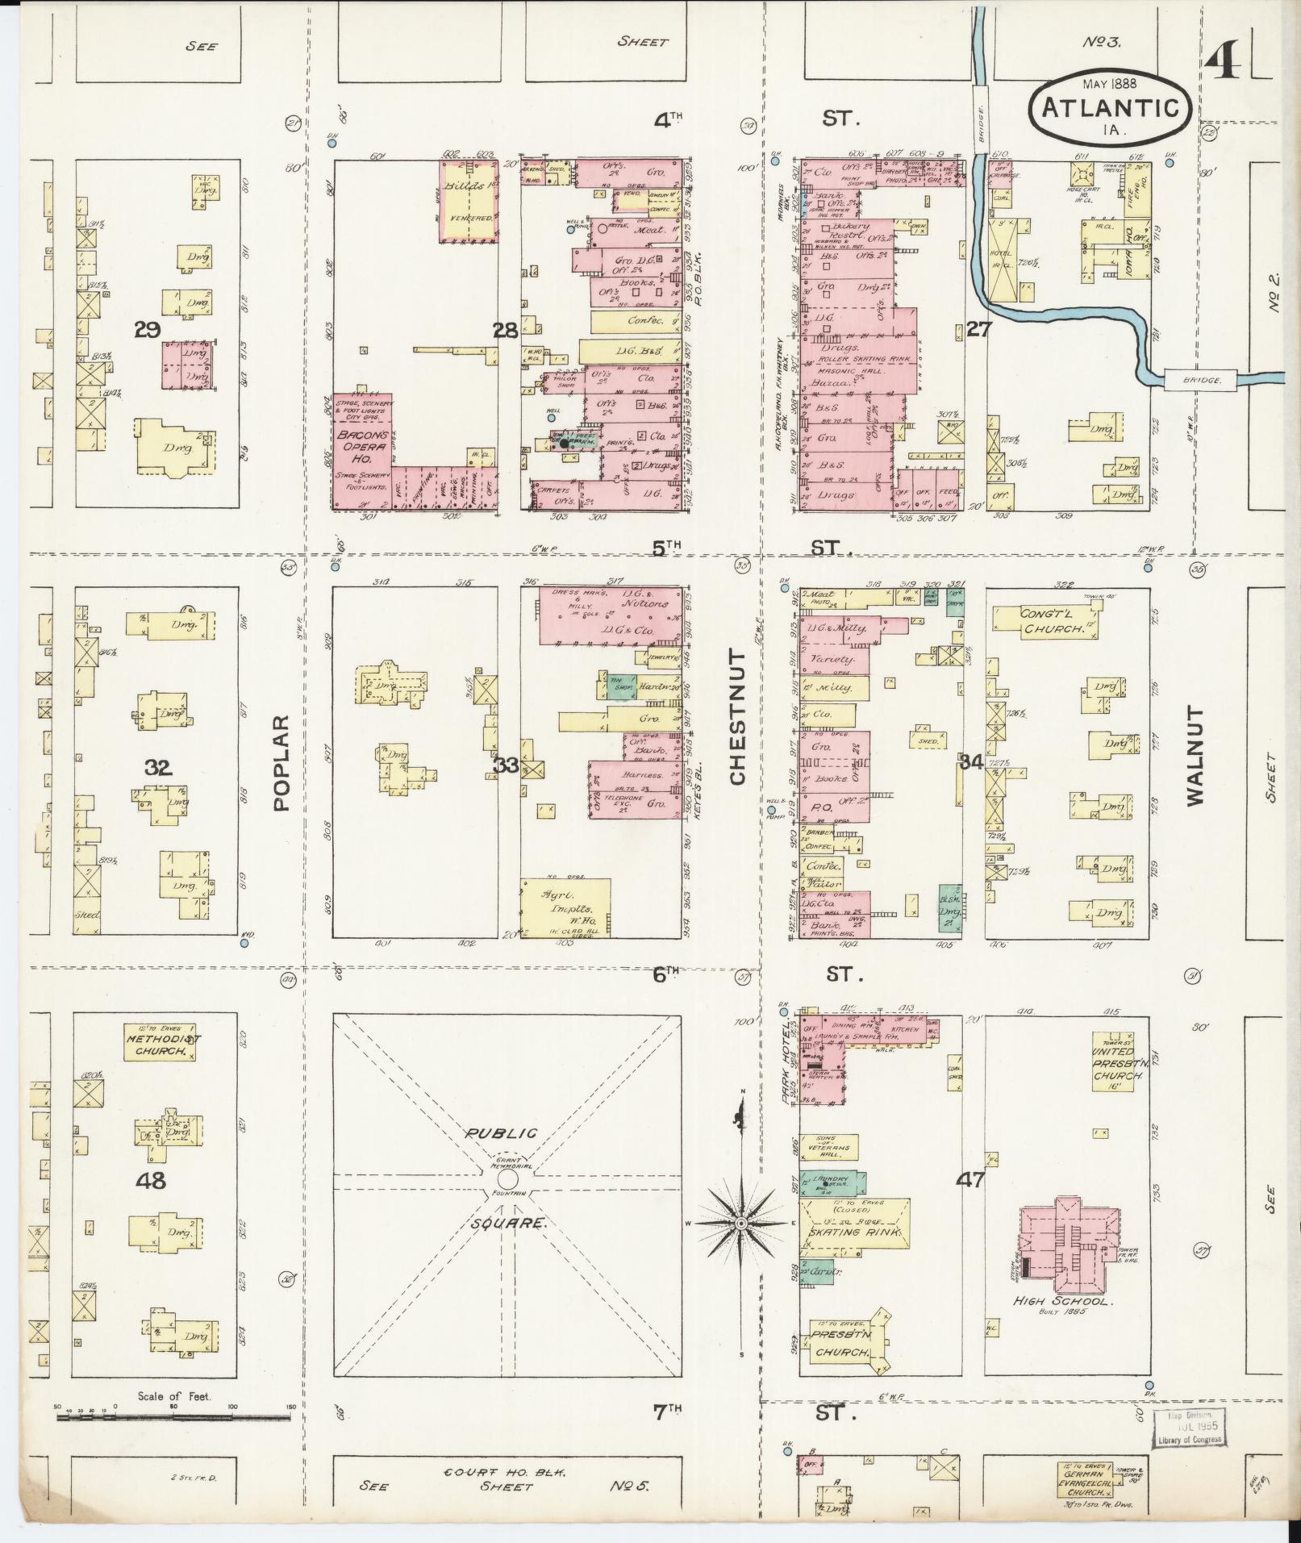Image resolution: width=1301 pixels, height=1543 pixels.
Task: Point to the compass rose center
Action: [x=741, y=1224]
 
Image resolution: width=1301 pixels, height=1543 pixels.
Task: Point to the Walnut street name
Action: [x=1195, y=757]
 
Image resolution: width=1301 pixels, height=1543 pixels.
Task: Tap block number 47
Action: [x=970, y=1179]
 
